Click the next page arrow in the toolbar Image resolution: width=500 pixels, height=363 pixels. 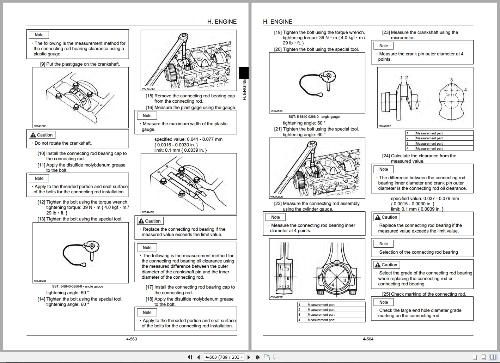pyautogui.click(x=249, y=357)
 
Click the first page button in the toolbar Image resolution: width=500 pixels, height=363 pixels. pyautogui.click(x=190, y=357)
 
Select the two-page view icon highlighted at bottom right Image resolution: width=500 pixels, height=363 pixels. pyautogui.click(x=493, y=357)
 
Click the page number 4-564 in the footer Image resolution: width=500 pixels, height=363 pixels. pyautogui.click(x=368, y=339)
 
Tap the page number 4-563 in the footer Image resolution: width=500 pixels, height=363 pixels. pyautogui.click(x=132, y=339)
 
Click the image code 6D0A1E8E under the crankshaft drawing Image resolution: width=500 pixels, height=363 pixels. pyautogui.click(x=39, y=126)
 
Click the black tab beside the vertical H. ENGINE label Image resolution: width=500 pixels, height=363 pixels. pyautogui.click(x=244, y=73)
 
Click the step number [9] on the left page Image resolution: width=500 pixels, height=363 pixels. pyautogui.click(x=43, y=64)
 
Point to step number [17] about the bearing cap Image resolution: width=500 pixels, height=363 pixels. pyautogui.click(x=149, y=287)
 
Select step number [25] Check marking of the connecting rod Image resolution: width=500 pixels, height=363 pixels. pyautogui.click(x=386, y=294)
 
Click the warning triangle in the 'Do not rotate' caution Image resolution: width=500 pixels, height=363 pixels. pyautogui.click(x=33, y=135)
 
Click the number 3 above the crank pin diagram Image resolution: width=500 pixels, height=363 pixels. pyautogui.click(x=451, y=80)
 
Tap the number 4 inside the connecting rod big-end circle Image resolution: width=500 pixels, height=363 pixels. pyautogui.click(x=333, y=284)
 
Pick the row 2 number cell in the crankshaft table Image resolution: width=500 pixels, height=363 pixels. pyautogui.click(x=408, y=138)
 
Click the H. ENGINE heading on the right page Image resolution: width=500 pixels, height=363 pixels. pyautogui.click(x=278, y=22)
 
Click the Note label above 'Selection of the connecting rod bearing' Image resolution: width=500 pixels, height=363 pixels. pyautogui.click(x=384, y=244)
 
